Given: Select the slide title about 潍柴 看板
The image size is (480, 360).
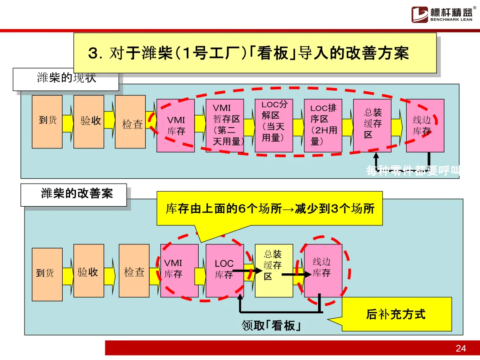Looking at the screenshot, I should coord(255,53).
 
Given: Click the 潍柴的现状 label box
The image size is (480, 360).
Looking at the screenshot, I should coord(66,79).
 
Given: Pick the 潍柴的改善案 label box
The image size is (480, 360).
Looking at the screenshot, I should coord(74,195).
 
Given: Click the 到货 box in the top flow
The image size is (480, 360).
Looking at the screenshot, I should coord(47,121).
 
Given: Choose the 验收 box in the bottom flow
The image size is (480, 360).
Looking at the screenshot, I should coord(88,271).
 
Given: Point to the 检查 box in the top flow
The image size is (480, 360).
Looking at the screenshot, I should coord(130,122).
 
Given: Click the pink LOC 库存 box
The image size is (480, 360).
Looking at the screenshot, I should coord(224,270).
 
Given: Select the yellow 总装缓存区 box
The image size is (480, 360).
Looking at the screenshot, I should coord(274,270).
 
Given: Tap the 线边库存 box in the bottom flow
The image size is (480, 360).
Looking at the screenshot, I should coord(323,269).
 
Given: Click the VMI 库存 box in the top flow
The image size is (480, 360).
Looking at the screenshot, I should coord(176,125).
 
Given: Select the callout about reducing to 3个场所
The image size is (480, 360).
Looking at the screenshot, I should coord(269,208).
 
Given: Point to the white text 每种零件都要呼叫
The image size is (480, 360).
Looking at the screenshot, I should coord(412,171).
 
